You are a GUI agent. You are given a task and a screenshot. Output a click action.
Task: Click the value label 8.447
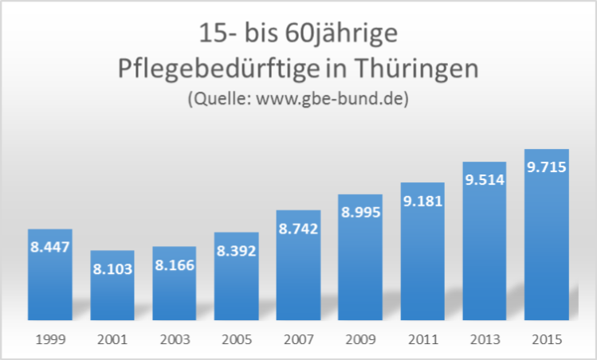(50, 247)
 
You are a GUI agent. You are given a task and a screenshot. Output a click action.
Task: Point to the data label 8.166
(174, 264)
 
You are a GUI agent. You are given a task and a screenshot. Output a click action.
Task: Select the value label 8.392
(236, 250)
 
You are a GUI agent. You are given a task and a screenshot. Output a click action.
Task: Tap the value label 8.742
(298, 229)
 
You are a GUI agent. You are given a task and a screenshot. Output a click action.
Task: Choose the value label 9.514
(485, 180)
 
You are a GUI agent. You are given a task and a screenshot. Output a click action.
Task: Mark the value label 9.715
(547, 167)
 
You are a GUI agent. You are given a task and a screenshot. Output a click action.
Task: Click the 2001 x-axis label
(112, 339)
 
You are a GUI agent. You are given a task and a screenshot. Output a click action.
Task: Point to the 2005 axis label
(236, 339)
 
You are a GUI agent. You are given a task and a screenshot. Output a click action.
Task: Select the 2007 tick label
(298, 339)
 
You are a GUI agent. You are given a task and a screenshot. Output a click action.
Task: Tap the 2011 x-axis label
(422, 339)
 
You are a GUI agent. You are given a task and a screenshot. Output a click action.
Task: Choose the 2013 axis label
(485, 339)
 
